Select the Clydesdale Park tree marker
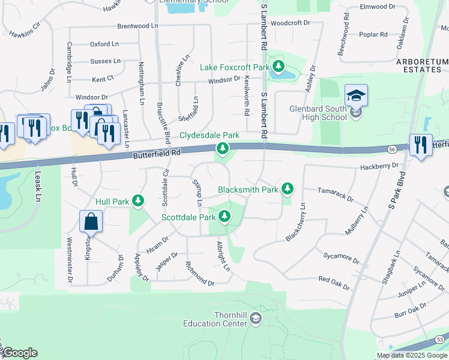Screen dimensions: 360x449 [x=223, y=148]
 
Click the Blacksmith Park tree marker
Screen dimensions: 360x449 [x=288, y=189]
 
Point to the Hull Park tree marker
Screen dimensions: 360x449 [x=139, y=201]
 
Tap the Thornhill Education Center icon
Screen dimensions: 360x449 [x=256, y=318]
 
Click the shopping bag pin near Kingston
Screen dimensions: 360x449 [x=91, y=221]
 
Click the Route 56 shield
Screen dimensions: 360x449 [x=392, y=148]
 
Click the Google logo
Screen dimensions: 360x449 [x=19, y=353]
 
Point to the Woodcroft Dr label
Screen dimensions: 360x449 [x=289, y=23]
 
